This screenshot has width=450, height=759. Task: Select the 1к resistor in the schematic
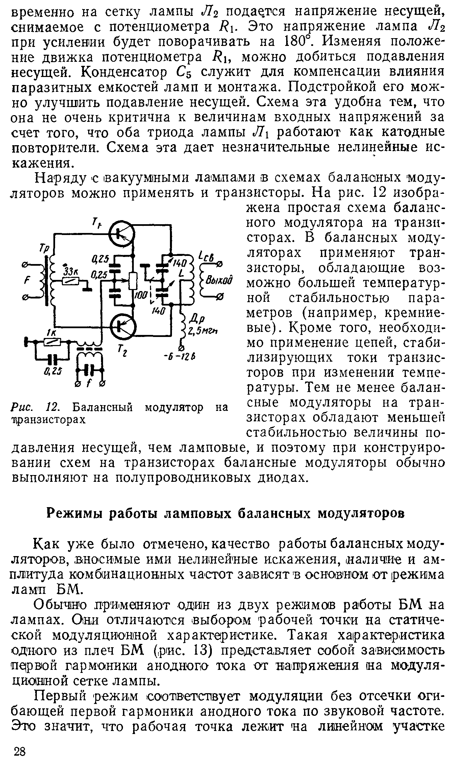tap(53, 342)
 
